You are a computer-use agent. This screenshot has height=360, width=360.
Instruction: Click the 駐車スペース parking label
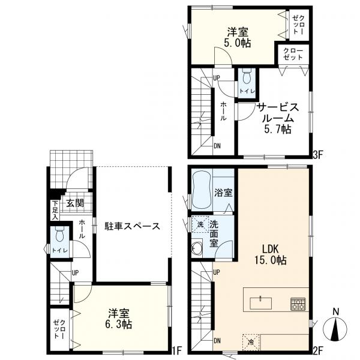pyautogui.click(x=132, y=226)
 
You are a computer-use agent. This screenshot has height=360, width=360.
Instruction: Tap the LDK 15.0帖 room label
pyautogui.click(x=270, y=254)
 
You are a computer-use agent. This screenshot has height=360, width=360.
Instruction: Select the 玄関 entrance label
pyautogui.click(x=76, y=203)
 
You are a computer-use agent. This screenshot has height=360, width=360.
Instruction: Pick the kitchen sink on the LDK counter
pyautogui.click(x=260, y=303)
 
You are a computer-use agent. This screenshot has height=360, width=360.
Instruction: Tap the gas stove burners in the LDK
pyautogui.click(x=298, y=304)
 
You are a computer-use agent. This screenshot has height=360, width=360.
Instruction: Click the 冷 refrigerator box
pyautogui.click(x=251, y=342)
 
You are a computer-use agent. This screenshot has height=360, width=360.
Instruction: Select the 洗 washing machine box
pyautogui.click(x=200, y=224)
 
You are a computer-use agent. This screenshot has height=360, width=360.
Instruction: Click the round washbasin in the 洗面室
pyautogui.click(x=197, y=248)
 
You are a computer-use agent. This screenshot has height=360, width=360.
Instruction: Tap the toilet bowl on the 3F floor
pyautogui.click(x=247, y=77)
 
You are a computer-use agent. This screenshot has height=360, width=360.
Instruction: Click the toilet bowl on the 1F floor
pyautogui.click(x=59, y=235)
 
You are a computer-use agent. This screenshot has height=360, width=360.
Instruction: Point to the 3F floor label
pyautogui.click(x=318, y=155)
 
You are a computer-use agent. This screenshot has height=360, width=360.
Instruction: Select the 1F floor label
pyautogui.click(x=177, y=350)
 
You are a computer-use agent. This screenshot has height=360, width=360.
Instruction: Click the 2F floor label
pyautogui.click(x=318, y=350)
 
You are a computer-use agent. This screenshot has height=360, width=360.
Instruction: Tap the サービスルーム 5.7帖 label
pyautogui.click(x=278, y=118)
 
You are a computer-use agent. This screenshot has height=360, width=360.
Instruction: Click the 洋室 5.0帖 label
pyautogui.click(x=238, y=37)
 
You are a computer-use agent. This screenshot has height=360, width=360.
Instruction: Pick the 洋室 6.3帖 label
pyautogui.click(x=119, y=318)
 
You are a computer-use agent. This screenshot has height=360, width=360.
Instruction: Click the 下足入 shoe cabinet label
pyautogui.click(x=55, y=210)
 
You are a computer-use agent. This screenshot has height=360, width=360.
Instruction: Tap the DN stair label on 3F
pyautogui.click(x=217, y=146)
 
